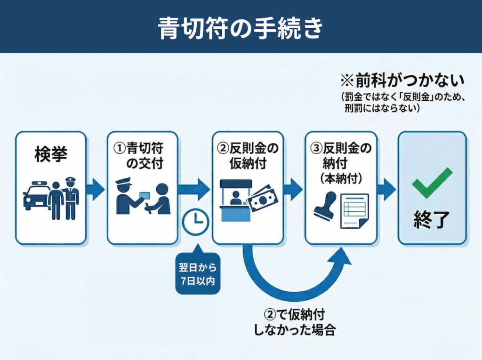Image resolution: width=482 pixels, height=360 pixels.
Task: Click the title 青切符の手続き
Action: [x=241, y=27]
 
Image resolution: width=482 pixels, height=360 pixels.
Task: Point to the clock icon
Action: [x=195, y=222]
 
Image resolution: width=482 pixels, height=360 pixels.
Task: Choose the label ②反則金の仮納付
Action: [x=248, y=156]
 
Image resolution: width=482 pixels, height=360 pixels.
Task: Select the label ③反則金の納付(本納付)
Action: [x=341, y=162]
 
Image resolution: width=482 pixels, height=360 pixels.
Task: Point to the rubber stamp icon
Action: [x=325, y=206]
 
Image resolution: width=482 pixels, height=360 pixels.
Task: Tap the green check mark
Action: [x=432, y=183]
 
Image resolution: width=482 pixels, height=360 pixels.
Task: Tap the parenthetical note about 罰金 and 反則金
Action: [x=403, y=103]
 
